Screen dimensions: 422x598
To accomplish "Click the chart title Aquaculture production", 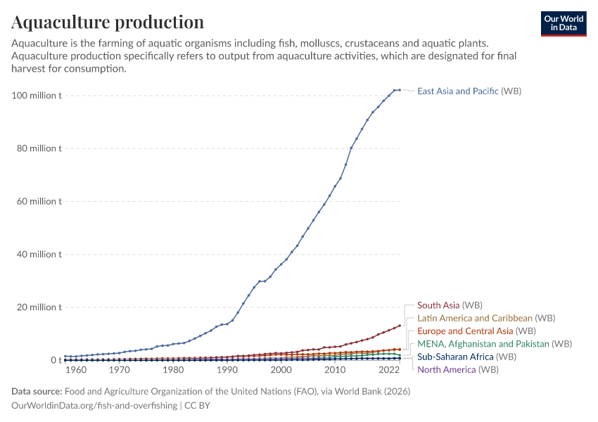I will point(108,23).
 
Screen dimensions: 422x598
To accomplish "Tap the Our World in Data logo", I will point(563,23).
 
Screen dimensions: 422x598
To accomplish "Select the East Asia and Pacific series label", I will point(469,91).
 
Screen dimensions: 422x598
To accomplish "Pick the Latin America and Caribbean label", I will point(486,318).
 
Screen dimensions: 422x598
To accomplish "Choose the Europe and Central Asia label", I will point(476,331).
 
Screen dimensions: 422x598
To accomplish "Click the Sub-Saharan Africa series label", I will point(466,357).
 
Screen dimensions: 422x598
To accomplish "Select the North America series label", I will point(458,369).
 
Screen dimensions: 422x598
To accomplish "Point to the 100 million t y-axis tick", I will point(37,96).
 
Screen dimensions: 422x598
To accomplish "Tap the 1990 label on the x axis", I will point(227,370).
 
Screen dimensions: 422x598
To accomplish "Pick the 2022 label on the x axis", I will point(389,370).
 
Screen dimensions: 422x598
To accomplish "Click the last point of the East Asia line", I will point(400,90).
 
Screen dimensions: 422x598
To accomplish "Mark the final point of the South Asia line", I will point(400,326).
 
